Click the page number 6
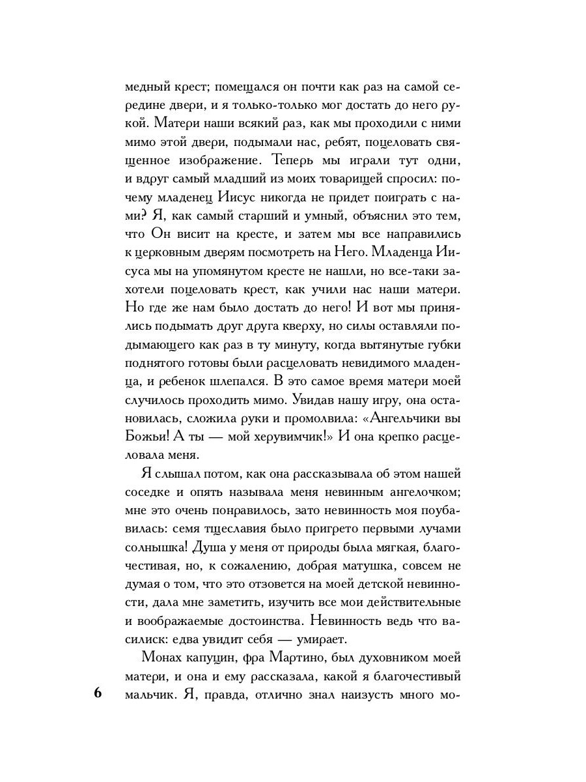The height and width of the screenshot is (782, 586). coord(98,693)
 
